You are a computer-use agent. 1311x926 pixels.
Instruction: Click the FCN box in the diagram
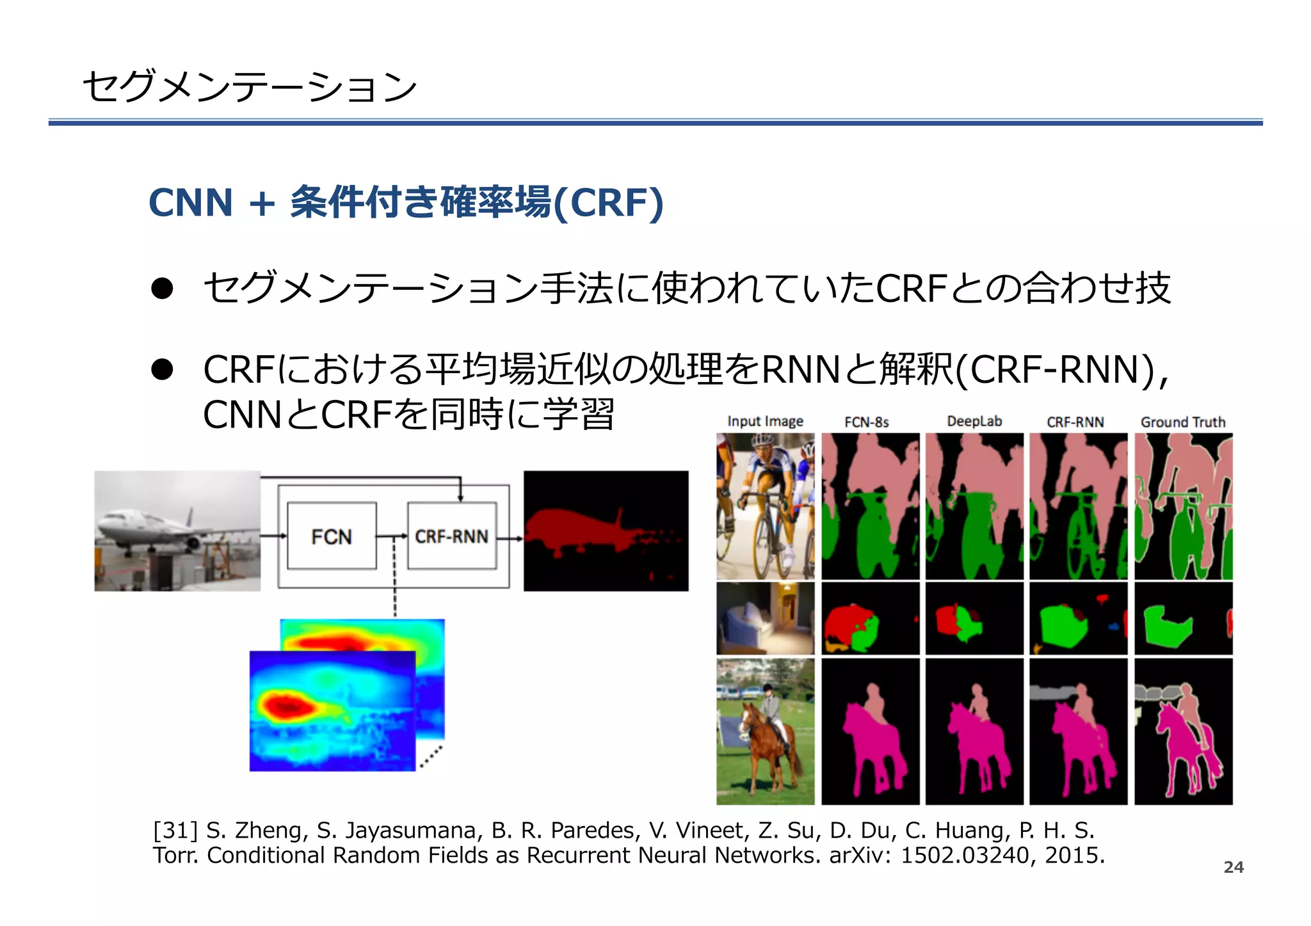click(x=332, y=536)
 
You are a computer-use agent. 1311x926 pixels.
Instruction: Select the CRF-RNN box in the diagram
click(x=451, y=536)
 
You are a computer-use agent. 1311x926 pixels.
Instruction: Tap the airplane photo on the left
click(x=177, y=531)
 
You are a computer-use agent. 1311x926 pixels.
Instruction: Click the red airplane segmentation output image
click(x=606, y=531)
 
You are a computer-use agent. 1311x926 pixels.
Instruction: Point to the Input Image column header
click(x=765, y=422)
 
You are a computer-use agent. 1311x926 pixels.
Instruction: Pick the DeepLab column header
click(x=974, y=422)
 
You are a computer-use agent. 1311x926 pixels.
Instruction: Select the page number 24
click(x=1234, y=867)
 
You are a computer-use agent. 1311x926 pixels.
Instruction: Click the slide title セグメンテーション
click(x=250, y=86)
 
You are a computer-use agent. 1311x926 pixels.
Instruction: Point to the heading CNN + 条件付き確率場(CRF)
click(x=406, y=203)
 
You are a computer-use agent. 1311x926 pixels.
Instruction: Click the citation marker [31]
click(x=175, y=830)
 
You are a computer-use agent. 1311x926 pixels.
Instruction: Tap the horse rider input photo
click(x=765, y=731)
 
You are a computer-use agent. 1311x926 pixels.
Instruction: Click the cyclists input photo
click(x=765, y=506)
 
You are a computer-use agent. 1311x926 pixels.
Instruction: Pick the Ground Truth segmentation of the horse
click(x=1184, y=731)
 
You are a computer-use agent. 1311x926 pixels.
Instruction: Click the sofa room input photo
click(x=765, y=618)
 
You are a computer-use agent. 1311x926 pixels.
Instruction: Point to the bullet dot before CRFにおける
click(x=162, y=369)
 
